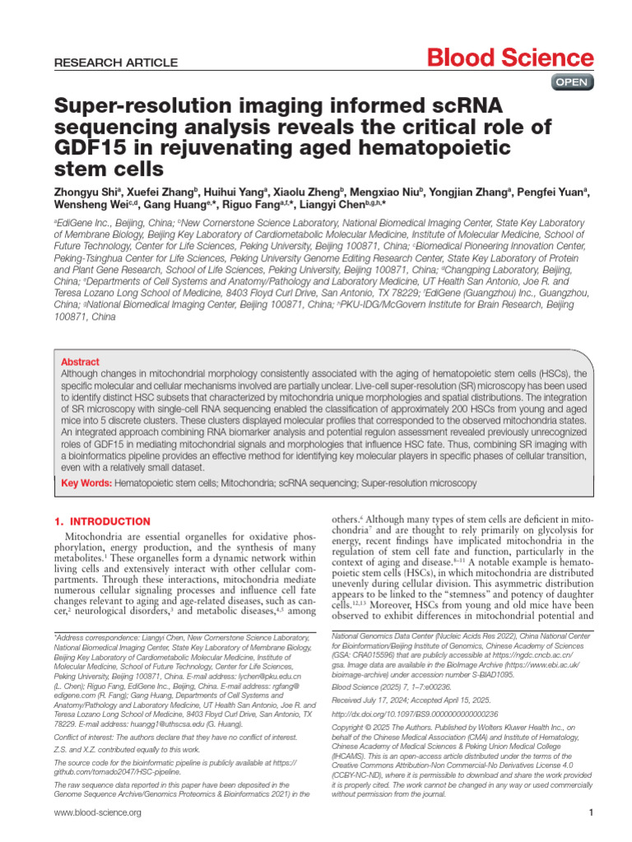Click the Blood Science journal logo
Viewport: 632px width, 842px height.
click(x=509, y=58)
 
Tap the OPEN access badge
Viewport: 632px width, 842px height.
click(x=571, y=82)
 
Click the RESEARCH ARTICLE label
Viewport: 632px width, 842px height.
click(x=115, y=62)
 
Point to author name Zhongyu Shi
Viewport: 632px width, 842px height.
click(x=87, y=192)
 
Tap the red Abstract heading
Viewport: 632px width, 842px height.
click(x=80, y=362)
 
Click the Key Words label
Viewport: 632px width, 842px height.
click(x=86, y=483)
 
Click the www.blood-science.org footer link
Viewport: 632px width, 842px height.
click(x=97, y=812)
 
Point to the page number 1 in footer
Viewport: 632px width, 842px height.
click(x=592, y=812)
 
